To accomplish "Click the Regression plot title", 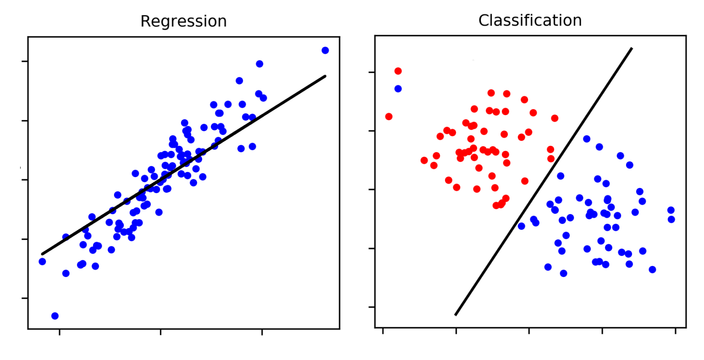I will [183, 22].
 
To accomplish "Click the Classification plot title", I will [530, 21].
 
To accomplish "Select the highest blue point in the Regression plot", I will [325, 50].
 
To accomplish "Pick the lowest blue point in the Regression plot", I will [55, 316].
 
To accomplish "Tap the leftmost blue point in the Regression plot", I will [42, 261].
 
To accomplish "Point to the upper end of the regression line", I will [325, 76].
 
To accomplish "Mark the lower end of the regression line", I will [42, 254].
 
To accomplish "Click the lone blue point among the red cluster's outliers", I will [398, 89].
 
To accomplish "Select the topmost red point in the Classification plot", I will [398, 71].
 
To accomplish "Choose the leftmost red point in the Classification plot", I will [389, 116].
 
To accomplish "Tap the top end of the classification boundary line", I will [632, 48].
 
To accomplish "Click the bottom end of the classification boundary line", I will [455, 315].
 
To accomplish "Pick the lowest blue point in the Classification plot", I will [563, 273].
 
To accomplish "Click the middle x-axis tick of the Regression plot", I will [160, 332].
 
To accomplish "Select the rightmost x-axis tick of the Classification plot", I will [675, 331].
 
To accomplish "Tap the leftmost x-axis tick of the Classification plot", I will [383, 331].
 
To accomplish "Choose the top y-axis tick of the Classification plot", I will [372, 72].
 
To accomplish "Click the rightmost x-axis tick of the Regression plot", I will [262, 332].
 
